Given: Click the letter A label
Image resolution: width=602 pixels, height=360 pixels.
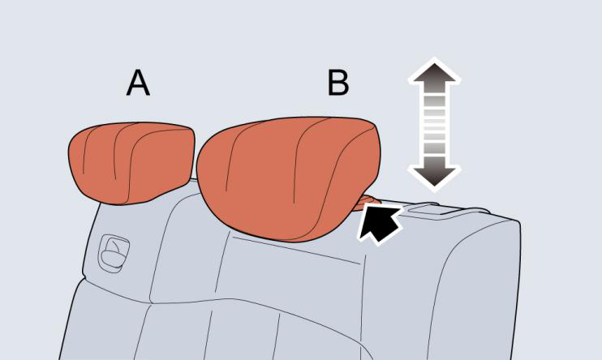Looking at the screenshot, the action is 138,83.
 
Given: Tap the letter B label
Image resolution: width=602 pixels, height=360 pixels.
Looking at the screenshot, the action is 338,83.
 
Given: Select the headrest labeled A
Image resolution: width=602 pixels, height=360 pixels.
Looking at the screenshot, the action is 131,163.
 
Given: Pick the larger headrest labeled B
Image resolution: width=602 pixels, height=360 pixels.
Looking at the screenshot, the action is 288,178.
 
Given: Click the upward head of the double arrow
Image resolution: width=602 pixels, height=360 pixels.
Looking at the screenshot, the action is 434,75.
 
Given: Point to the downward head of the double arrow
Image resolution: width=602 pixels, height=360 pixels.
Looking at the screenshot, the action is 434,173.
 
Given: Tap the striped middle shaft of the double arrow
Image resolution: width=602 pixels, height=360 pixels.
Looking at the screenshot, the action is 434,124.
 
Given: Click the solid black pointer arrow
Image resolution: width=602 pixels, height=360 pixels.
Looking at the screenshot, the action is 380,224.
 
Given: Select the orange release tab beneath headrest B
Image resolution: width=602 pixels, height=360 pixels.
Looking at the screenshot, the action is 368,202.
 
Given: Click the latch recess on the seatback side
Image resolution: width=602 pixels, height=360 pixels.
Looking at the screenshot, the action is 114,253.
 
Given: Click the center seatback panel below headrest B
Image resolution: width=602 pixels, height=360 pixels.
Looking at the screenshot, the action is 292,268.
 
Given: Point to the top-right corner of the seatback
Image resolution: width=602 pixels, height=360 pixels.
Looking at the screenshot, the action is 518,221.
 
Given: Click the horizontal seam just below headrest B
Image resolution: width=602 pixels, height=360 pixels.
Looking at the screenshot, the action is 296,251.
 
